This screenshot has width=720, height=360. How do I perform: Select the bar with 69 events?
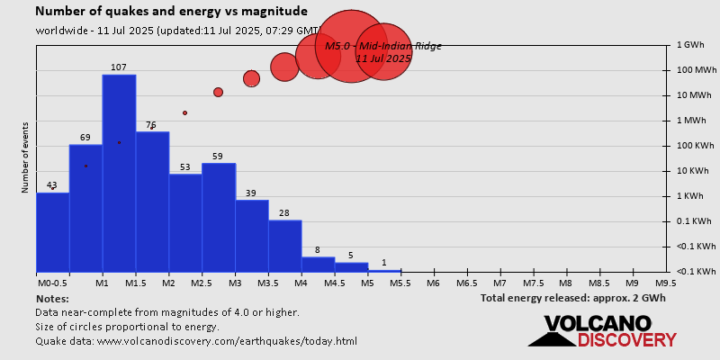coord(85,208)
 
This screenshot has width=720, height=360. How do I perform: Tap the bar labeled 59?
coord(219,217)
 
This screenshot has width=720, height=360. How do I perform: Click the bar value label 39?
coord(251,193)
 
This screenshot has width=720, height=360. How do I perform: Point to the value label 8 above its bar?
coord(318,250)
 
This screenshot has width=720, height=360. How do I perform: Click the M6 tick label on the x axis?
coord(434,283)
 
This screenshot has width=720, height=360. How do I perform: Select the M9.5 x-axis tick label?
coord(667,283)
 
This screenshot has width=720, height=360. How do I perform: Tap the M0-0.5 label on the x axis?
coord(52,283)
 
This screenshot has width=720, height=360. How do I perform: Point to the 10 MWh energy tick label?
coord(693,94)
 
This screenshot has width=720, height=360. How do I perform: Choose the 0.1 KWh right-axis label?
coord(693,220)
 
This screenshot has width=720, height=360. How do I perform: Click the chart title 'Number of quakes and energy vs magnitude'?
coord(171,12)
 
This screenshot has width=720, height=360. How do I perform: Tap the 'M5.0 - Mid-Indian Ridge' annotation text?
coord(383,46)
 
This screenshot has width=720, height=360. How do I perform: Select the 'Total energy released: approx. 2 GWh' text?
coord(572,298)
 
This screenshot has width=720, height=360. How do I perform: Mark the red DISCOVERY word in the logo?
coord(626,339)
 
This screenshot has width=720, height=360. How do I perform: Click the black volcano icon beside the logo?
coord(551,336)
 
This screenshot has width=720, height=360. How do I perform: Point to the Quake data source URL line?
coord(196,341)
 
